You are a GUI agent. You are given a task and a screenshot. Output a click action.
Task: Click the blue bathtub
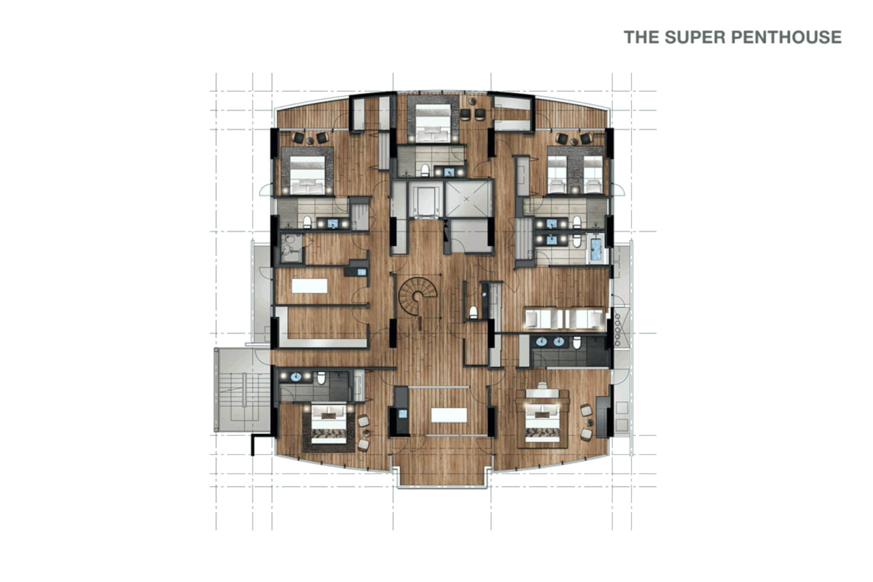click(x=596, y=249)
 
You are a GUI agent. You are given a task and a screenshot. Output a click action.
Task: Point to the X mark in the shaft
click(x=467, y=199)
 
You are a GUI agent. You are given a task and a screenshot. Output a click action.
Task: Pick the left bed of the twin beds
click(x=557, y=174)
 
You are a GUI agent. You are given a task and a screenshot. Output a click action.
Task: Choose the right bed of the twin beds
click(x=593, y=174)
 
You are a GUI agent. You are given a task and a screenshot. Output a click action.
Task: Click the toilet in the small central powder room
click(x=473, y=313)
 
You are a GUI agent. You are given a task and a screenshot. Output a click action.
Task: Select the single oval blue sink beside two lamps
click(x=296, y=377)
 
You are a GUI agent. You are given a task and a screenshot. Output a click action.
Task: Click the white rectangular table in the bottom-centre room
click(x=449, y=415)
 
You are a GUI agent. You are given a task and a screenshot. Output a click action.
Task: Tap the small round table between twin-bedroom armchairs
click(x=574, y=142)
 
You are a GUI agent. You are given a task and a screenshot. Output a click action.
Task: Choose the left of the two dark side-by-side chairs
click(x=466, y=115)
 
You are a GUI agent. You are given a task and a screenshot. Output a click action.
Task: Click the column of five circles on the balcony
click(x=617, y=330)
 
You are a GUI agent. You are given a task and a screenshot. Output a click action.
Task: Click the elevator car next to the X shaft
click(x=426, y=201)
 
